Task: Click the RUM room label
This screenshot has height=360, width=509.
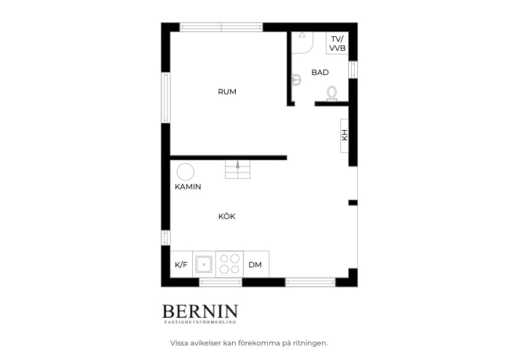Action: (x=227, y=92)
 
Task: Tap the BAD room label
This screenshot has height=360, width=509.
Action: (x=320, y=73)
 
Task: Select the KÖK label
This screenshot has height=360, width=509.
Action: (x=227, y=216)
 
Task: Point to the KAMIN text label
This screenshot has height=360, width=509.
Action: (x=187, y=187)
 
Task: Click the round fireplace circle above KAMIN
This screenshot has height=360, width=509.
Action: (x=186, y=172)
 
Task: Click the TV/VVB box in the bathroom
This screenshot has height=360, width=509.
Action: (x=337, y=43)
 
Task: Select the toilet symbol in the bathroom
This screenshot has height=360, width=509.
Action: (x=332, y=93)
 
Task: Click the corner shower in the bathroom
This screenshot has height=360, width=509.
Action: (x=302, y=42)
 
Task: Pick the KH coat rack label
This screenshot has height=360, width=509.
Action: (x=345, y=135)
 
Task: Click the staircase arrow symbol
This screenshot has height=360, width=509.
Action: (x=238, y=165)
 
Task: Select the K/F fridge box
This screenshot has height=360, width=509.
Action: (x=181, y=264)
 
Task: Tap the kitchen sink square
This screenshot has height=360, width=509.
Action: (x=204, y=264)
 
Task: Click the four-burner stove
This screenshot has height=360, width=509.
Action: (x=230, y=264)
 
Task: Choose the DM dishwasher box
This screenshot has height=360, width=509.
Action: (x=256, y=264)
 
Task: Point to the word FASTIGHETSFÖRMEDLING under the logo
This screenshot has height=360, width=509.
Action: (x=200, y=322)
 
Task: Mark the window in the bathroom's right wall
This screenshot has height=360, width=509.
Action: (x=353, y=70)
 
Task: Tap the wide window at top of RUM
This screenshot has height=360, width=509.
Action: (x=221, y=27)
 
